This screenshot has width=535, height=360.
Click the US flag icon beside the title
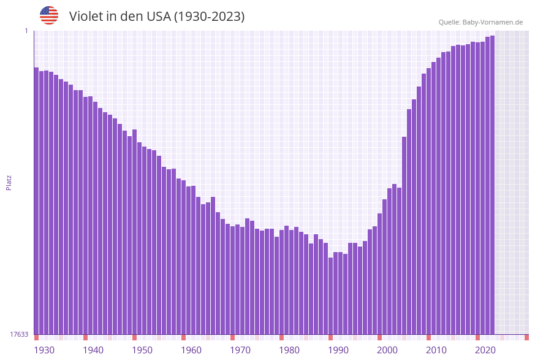click(49, 15)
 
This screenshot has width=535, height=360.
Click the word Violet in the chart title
click(85, 17)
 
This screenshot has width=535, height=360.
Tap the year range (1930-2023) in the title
click(209, 17)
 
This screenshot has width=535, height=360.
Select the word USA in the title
click(159, 17)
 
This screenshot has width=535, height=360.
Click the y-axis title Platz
click(9, 182)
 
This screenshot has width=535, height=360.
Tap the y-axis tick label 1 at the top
click(26, 31)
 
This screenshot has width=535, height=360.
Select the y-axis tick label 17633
click(19, 334)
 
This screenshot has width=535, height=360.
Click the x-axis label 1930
click(44, 350)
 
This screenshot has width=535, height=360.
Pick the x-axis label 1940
click(93, 350)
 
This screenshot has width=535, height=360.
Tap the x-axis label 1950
click(142, 350)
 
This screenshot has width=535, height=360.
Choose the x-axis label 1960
click(191, 350)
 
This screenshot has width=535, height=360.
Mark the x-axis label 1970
click(240, 350)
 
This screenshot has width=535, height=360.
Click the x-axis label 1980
click(289, 350)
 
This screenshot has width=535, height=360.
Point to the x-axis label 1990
click(338, 350)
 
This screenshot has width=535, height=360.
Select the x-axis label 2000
click(387, 350)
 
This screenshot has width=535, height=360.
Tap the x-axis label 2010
click(436, 350)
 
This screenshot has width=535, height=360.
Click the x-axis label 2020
click(485, 350)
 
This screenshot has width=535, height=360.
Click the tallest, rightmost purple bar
click(492, 185)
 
